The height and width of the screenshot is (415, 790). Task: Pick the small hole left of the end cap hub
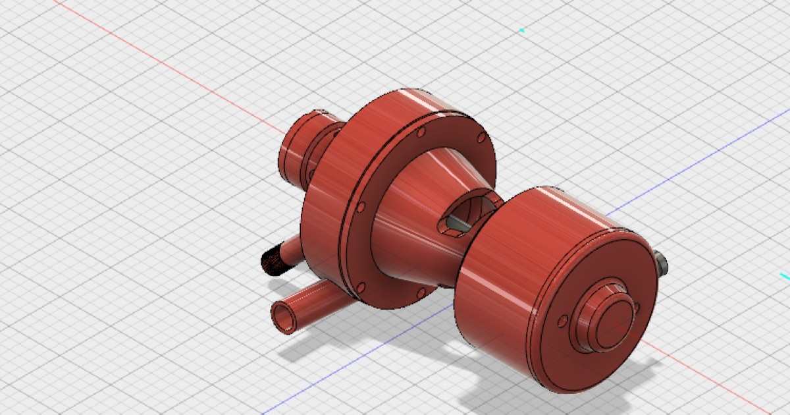562,321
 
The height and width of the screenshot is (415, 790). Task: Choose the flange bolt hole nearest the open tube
360,287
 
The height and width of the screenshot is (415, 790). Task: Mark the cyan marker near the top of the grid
522,30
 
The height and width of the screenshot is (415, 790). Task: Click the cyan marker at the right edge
784,275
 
